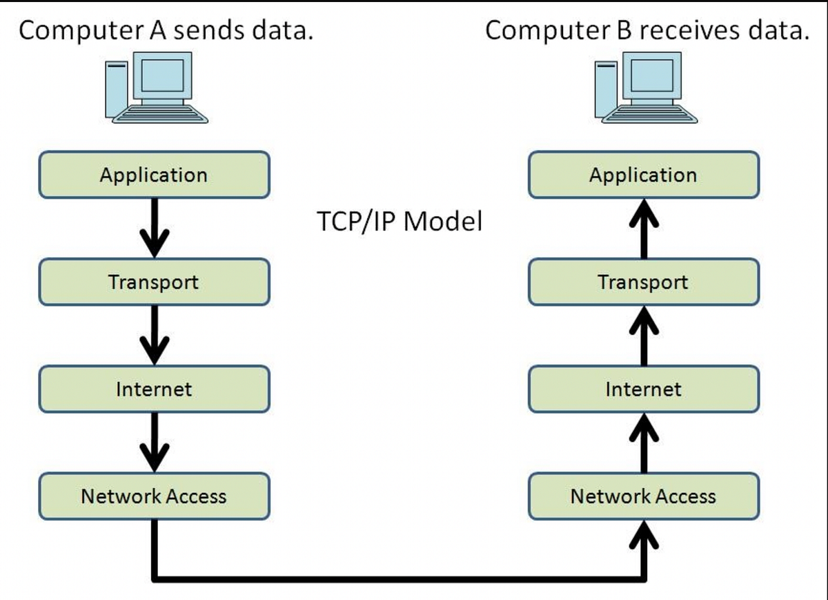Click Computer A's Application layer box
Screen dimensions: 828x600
coord(154,175)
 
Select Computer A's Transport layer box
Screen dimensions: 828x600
coord(154,282)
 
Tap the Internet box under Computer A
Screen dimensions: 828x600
coord(154,389)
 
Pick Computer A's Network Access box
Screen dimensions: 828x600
coord(154,496)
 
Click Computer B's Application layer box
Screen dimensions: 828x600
coord(644,175)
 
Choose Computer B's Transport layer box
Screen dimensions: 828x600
coord(644,282)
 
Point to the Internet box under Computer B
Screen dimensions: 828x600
coord(644,389)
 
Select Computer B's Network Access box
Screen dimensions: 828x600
coord(644,496)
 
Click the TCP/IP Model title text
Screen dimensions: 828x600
coord(400,222)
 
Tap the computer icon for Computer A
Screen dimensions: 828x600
coord(157,87)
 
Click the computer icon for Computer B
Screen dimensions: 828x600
coord(646,87)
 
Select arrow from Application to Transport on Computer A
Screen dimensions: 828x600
coord(155,229)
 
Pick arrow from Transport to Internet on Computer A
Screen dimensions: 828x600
coord(155,336)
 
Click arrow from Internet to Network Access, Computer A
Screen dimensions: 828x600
coord(155,443)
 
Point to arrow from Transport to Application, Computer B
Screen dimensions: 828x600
coord(644,229)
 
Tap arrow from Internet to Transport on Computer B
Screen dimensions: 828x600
coord(644,336)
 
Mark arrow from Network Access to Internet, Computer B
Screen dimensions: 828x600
coord(644,443)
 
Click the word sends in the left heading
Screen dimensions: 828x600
coord(209,30)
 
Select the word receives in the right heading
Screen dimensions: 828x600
coord(690,30)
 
